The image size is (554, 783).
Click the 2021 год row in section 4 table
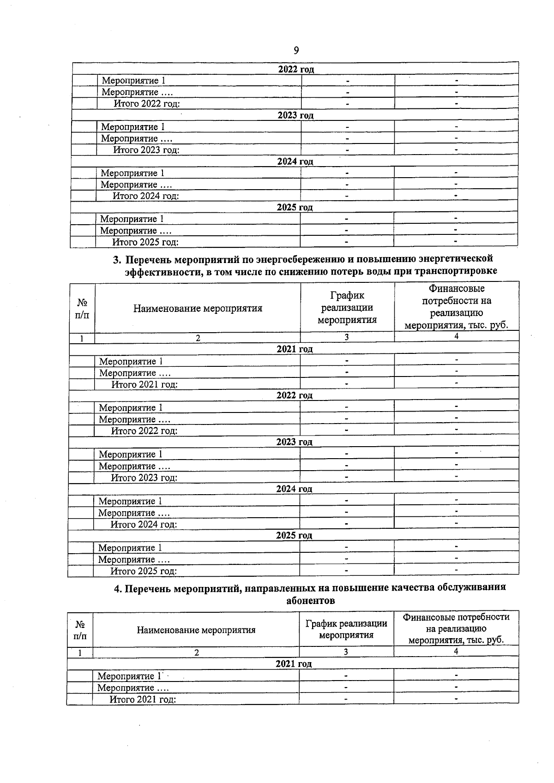point(294,663)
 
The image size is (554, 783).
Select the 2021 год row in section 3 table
point(295,349)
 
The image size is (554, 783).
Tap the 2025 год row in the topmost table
point(295,208)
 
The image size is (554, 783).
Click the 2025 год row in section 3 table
point(294,536)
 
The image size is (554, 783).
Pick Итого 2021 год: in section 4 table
point(143,699)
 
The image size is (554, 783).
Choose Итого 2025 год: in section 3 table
point(144,571)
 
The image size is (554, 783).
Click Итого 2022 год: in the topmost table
point(147,103)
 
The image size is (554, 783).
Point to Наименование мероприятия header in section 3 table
point(198,308)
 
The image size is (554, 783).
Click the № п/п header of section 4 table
point(79,629)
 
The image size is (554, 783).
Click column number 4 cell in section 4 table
point(456,652)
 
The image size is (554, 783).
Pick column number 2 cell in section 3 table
point(198,338)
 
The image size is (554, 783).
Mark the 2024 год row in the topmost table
point(295,161)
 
